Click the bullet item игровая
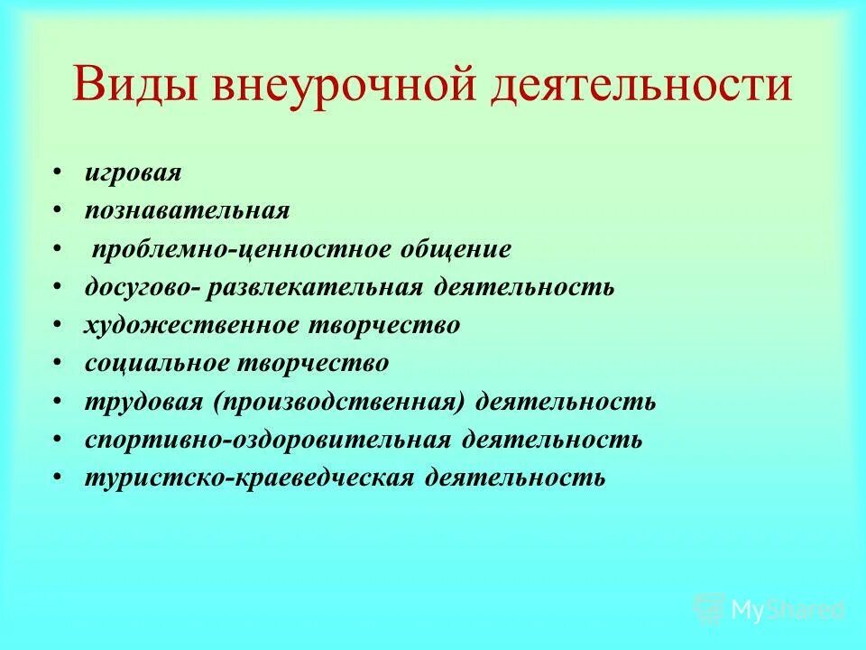(x=133, y=172)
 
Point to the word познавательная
(x=187, y=211)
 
